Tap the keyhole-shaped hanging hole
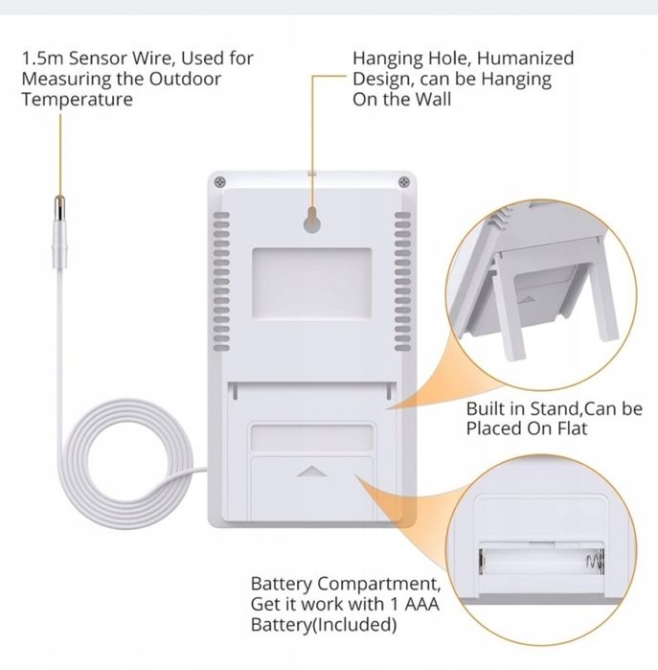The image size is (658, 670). (x=312, y=219)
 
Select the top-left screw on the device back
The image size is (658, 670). (x=220, y=182)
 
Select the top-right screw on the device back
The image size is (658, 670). (x=404, y=182)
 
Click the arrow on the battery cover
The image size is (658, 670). (x=312, y=472)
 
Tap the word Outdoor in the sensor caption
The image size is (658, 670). (x=185, y=79)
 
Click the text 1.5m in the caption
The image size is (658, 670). (x=42, y=58)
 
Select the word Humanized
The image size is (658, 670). (x=525, y=58)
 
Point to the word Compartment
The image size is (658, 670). (x=378, y=584)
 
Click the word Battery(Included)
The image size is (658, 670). (x=324, y=625)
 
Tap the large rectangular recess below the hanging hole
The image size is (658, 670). (x=311, y=284)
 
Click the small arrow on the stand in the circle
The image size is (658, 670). (x=527, y=300)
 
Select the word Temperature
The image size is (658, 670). (x=78, y=100)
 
